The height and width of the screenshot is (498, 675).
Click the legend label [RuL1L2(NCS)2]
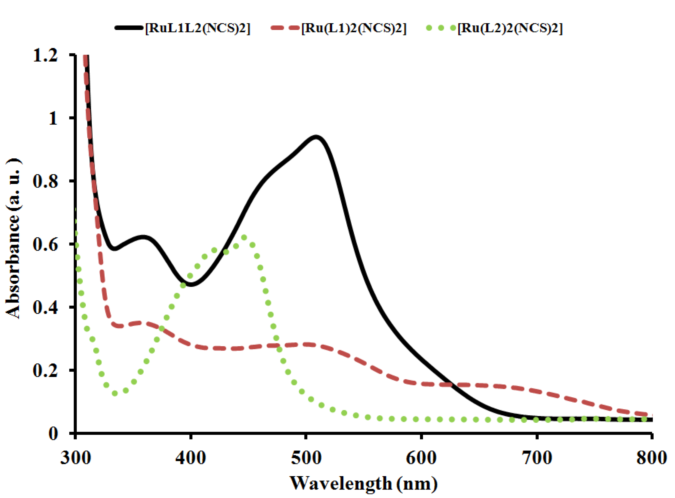click(198, 28)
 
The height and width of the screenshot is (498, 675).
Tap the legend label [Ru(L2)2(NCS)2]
click(510, 28)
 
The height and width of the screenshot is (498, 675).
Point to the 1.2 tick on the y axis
click(45, 55)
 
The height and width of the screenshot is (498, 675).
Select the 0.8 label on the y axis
click(45, 181)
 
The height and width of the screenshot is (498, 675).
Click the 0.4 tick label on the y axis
click(45, 307)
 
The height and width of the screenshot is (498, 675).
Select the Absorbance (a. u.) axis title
click(14, 238)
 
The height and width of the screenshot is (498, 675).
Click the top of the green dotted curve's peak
click(244, 237)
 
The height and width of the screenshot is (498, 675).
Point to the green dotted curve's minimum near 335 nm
click(115, 393)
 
